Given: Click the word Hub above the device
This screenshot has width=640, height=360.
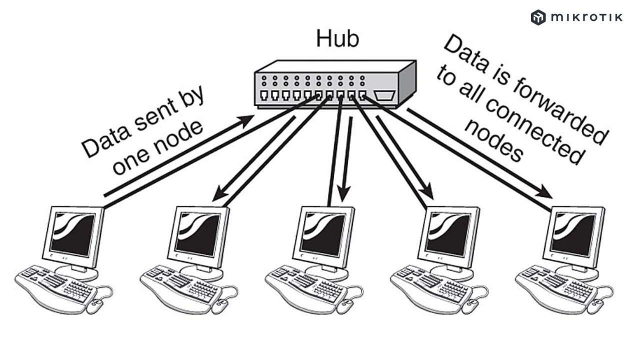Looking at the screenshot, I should click(337, 38).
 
